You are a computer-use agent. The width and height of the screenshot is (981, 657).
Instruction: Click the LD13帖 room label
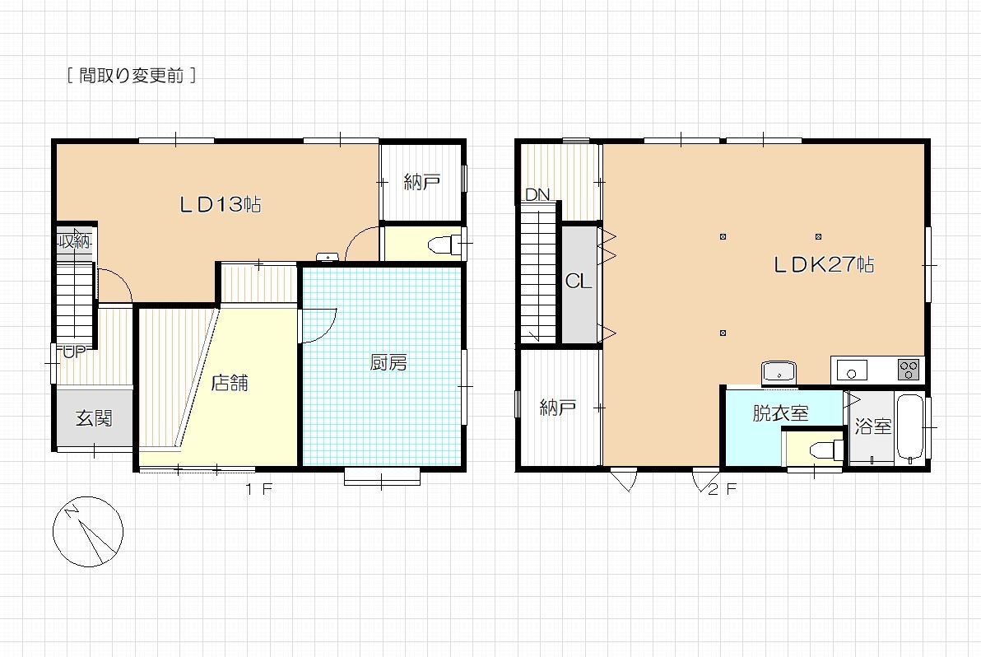tap(221, 204)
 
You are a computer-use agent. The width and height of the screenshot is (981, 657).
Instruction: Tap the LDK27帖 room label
tap(823, 264)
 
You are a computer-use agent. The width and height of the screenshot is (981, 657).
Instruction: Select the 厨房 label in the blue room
tap(388, 362)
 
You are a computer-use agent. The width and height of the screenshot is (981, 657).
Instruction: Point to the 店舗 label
tap(230, 382)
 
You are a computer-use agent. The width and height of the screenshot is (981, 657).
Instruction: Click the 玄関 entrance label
tap(94, 418)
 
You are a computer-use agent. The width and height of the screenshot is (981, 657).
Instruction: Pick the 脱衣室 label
tap(780, 413)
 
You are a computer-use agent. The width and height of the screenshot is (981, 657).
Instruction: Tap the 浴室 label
tap(872, 426)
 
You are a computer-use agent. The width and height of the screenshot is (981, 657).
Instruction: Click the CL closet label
tap(578, 282)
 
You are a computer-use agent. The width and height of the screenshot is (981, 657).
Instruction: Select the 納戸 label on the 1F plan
tap(422, 182)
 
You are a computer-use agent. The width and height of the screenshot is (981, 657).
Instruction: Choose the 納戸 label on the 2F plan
tap(557, 408)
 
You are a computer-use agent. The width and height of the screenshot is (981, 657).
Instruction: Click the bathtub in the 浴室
tap(910, 429)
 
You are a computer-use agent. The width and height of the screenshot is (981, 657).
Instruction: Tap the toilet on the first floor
tap(445, 245)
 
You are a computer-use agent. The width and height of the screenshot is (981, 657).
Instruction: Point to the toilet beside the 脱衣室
tap(825, 450)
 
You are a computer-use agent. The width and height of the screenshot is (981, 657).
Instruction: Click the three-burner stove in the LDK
tap(909, 369)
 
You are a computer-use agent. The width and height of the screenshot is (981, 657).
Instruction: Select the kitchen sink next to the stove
tap(852, 370)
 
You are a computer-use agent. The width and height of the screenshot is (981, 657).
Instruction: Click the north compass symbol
tap(87, 532)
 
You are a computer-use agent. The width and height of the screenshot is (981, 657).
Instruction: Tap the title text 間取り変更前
tap(132, 76)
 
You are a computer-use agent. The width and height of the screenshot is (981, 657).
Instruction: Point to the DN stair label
tap(537, 194)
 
